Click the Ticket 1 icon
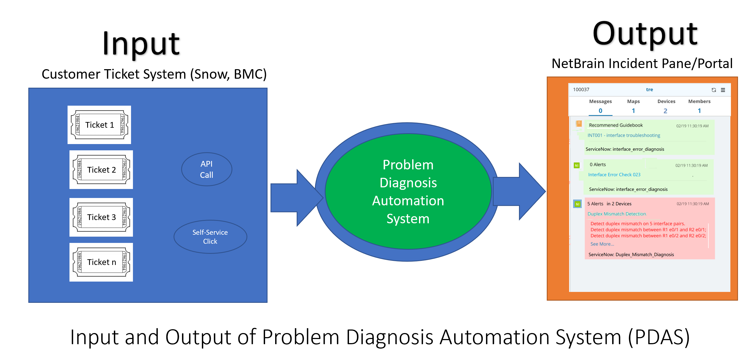(99, 125)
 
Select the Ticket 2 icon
(101, 170)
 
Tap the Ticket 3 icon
(101, 217)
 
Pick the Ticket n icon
(101, 262)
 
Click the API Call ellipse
(206, 169)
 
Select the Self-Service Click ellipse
(210, 237)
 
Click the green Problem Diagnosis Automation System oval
(408, 191)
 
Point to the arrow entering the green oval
(293, 198)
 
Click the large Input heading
(141, 44)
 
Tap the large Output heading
(645, 34)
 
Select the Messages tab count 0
(600, 111)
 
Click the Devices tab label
(666, 101)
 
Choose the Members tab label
(699, 101)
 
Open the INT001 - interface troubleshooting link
(624, 135)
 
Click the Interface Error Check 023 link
(614, 175)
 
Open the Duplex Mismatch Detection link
(617, 214)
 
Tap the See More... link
(602, 244)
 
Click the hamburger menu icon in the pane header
(723, 90)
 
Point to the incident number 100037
(581, 89)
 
